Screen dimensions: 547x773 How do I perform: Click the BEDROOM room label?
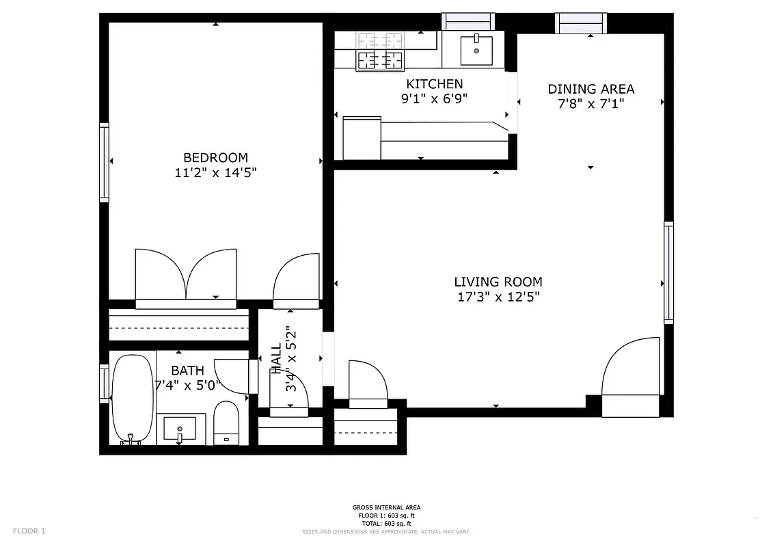click(215, 157)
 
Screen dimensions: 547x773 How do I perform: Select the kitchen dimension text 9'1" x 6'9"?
click(434, 98)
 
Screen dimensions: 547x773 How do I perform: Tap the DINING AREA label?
click(591, 89)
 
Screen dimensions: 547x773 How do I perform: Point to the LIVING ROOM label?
click(498, 282)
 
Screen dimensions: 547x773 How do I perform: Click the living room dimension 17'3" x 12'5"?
click(498, 297)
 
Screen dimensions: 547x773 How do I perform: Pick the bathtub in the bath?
click(133, 399)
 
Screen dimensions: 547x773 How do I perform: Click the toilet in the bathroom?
click(226, 423)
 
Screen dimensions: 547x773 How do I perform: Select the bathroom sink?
click(180, 429)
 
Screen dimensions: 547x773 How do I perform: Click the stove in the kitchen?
click(379, 51)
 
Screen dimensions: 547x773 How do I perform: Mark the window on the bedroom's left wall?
click(105, 162)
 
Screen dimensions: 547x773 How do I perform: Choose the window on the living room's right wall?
click(668, 272)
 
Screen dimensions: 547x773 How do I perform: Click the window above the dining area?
click(580, 23)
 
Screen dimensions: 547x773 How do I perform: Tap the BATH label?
click(187, 371)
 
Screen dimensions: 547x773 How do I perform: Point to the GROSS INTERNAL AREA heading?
click(386, 507)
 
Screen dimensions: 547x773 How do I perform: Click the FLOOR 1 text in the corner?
click(29, 531)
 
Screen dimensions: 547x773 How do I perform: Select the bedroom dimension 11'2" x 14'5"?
click(215, 172)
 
